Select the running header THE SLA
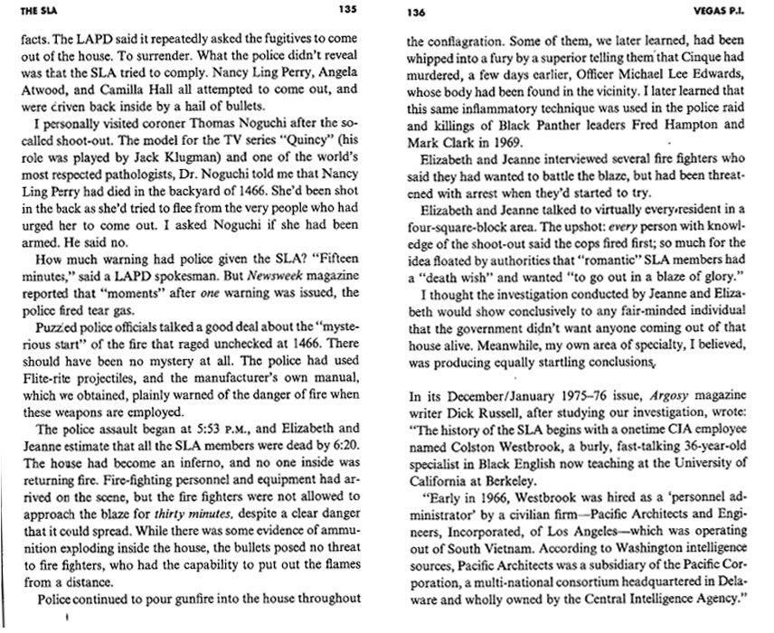21,10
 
